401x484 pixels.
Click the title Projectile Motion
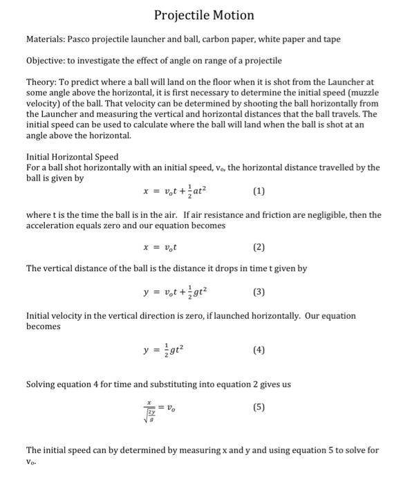[204, 15]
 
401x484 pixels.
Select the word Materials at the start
[45, 39]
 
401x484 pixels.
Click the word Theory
[41, 82]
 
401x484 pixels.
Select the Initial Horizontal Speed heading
[72, 157]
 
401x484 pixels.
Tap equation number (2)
[259, 247]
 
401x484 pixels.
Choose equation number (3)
[259, 292]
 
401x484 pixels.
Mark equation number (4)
[259, 350]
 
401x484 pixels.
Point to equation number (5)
[259, 407]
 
